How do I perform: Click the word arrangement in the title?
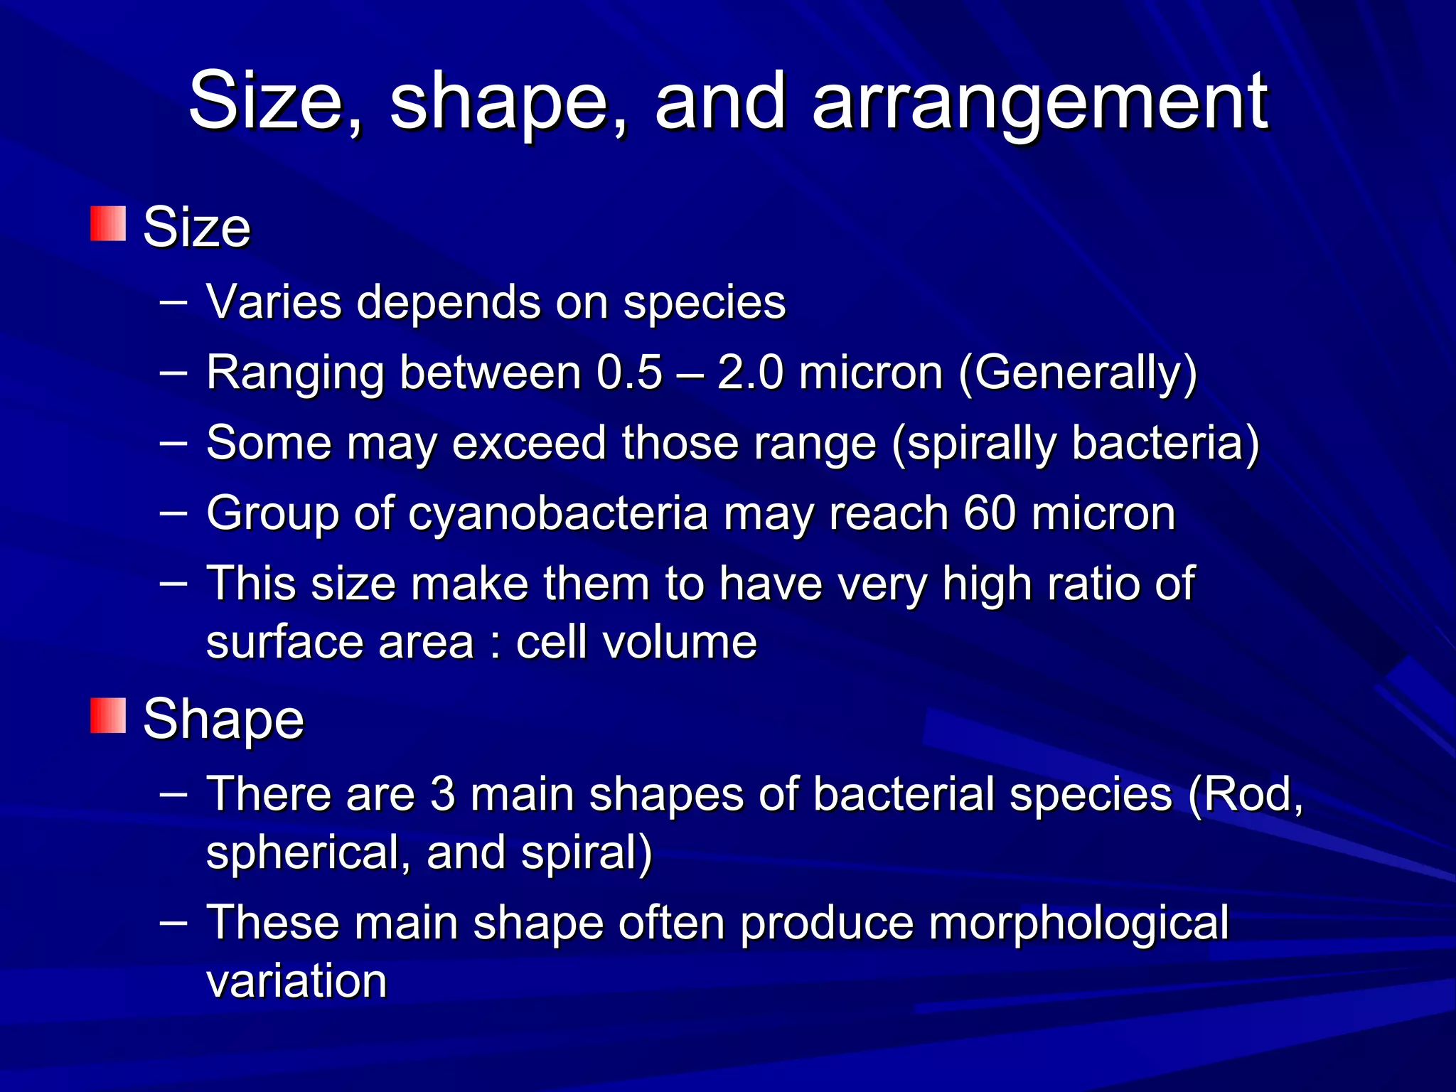point(1039,103)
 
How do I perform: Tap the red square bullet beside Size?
point(108,224)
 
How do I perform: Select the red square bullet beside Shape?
point(108,715)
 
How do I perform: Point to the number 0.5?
point(629,372)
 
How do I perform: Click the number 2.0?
point(750,372)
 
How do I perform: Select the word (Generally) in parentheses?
point(1078,373)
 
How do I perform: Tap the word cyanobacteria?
point(558,513)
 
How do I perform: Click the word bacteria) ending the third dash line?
point(1165,442)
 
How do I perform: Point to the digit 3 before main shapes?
point(442,793)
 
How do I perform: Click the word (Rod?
point(1245,795)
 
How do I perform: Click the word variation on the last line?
point(296,981)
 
